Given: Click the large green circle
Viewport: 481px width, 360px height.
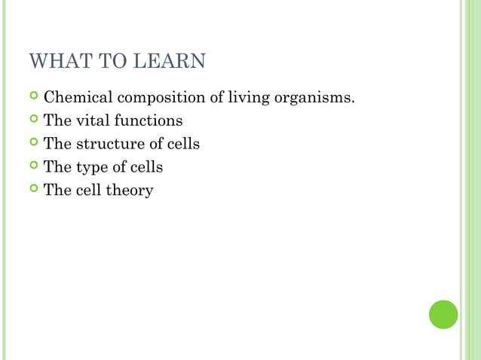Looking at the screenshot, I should (x=443, y=314).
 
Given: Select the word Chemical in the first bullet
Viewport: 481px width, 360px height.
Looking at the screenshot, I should (x=75, y=97).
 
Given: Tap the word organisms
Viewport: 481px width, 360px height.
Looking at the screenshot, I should (x=314, y=99).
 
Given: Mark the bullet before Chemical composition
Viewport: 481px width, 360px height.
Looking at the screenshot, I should (x=34, y=97).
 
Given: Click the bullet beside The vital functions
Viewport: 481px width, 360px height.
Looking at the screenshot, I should (x=34, y=120).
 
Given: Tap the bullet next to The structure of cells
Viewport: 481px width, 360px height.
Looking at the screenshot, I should (x=34, y=143).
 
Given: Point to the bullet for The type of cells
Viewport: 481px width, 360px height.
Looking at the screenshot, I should (x=34, y=166).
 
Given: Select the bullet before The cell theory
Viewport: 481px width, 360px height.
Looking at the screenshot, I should (x=34, y=190).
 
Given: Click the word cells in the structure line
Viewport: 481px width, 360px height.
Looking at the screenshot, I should (x=183, y=143).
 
